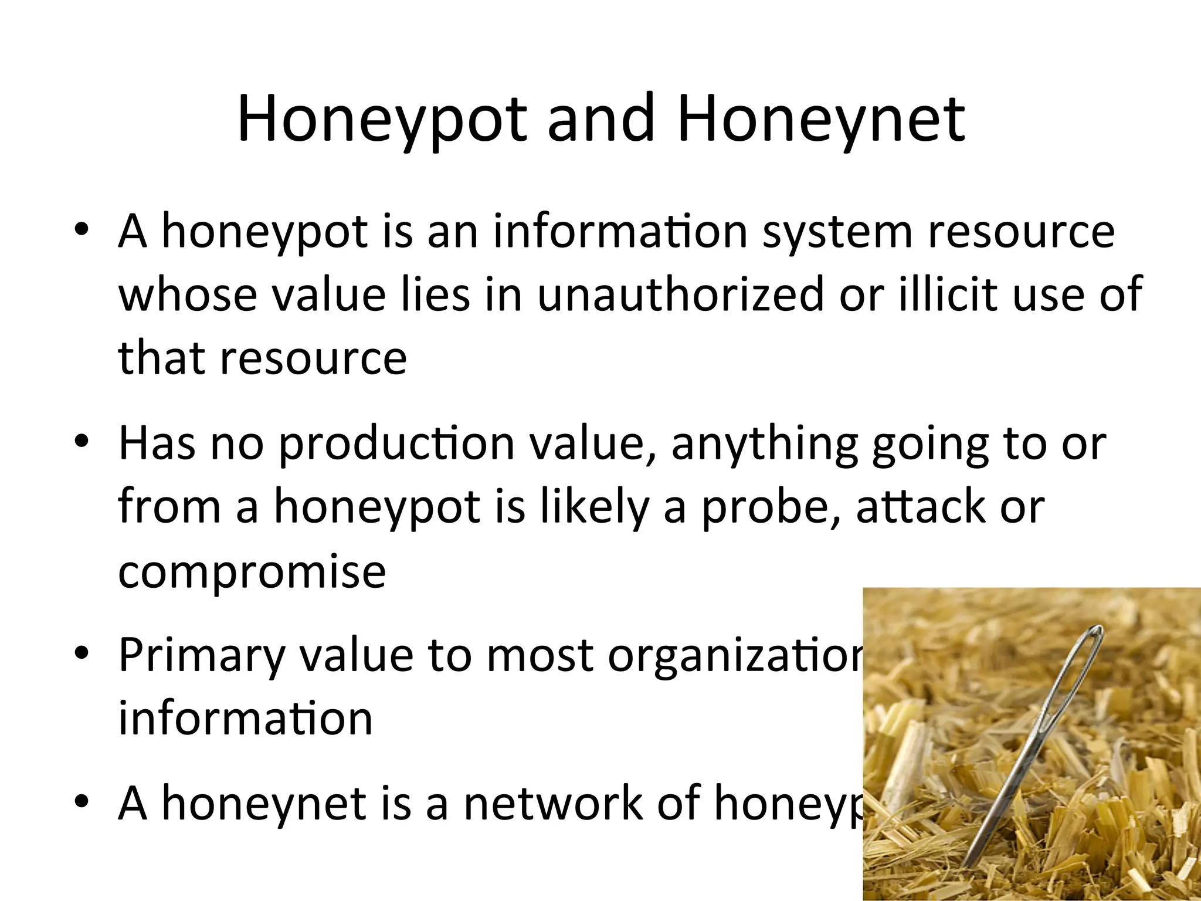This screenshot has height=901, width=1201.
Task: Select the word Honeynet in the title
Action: click(x=820, y=120)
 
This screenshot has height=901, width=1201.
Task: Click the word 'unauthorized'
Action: click(x=680, y=294)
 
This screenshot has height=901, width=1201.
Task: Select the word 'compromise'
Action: click(x=252, y=572)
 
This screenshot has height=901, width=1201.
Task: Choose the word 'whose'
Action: click(x=188, y=294)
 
